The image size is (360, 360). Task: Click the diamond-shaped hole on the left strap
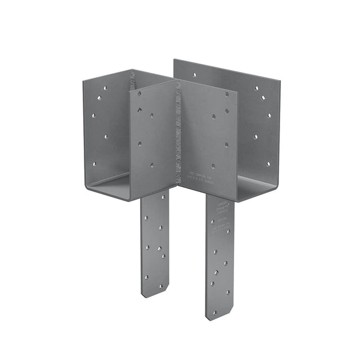[x=159, y=247]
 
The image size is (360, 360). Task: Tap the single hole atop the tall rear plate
[x=194, y=74]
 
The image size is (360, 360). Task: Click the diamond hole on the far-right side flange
[x=263, y=98]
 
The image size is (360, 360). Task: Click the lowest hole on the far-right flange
[x=267, y=164]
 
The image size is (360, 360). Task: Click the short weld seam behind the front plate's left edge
[x=133, y=81]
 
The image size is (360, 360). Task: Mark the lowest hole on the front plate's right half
[x=213, y=166]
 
